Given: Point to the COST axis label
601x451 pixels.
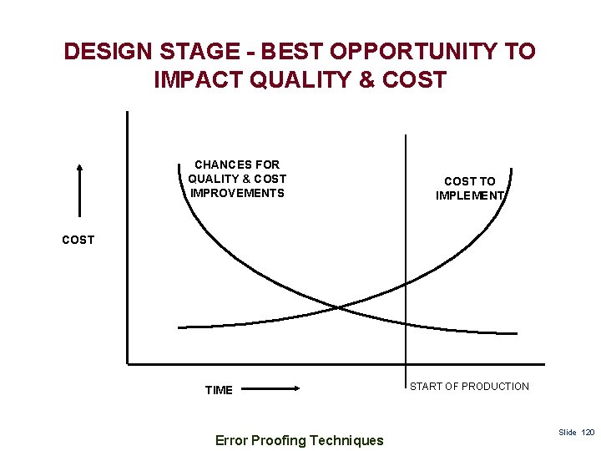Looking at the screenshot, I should (x=78, y=240).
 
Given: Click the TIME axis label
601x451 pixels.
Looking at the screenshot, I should (x=219, y=390).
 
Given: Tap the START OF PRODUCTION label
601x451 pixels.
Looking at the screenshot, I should (x=469, y=386).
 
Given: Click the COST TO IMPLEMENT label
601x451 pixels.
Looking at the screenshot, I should (x=469, y=188).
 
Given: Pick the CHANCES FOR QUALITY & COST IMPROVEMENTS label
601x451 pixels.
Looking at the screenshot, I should (x=237, y=179).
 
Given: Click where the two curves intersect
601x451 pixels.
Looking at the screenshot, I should (x=338, y=307).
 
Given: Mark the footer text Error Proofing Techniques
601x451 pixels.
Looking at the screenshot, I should (x=299, y=440).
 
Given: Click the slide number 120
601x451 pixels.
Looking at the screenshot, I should (x=588, y=433).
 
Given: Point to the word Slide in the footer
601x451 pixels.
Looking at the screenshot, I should (x=568, y=433).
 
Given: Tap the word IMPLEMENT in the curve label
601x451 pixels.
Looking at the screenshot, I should (x=469, y=195).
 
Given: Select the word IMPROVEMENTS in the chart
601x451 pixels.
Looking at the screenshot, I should (x=237, y=193).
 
